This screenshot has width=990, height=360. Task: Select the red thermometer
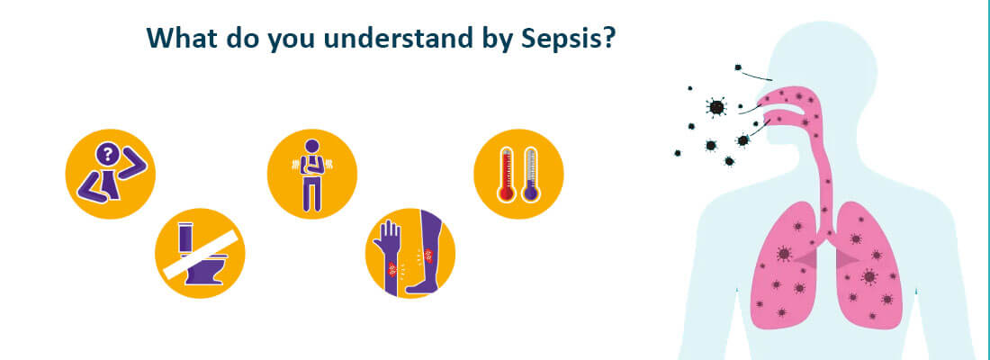point(507,174)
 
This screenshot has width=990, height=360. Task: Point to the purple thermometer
point(530,174)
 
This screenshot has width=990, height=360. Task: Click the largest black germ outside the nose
point(716,107)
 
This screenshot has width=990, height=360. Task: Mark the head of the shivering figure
point(312,146)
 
